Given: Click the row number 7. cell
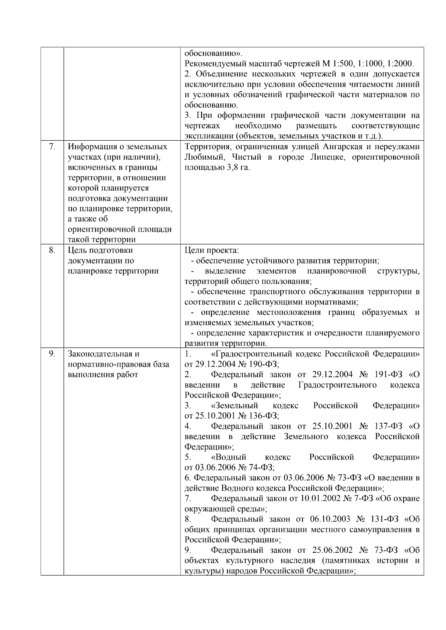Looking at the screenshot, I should coord(52,147).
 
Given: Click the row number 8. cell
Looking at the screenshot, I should coord(52,250).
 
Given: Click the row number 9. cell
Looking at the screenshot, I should coord(52,354).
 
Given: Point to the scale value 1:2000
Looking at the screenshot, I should coord(400,63).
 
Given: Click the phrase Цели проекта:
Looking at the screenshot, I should coord(211,250).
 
